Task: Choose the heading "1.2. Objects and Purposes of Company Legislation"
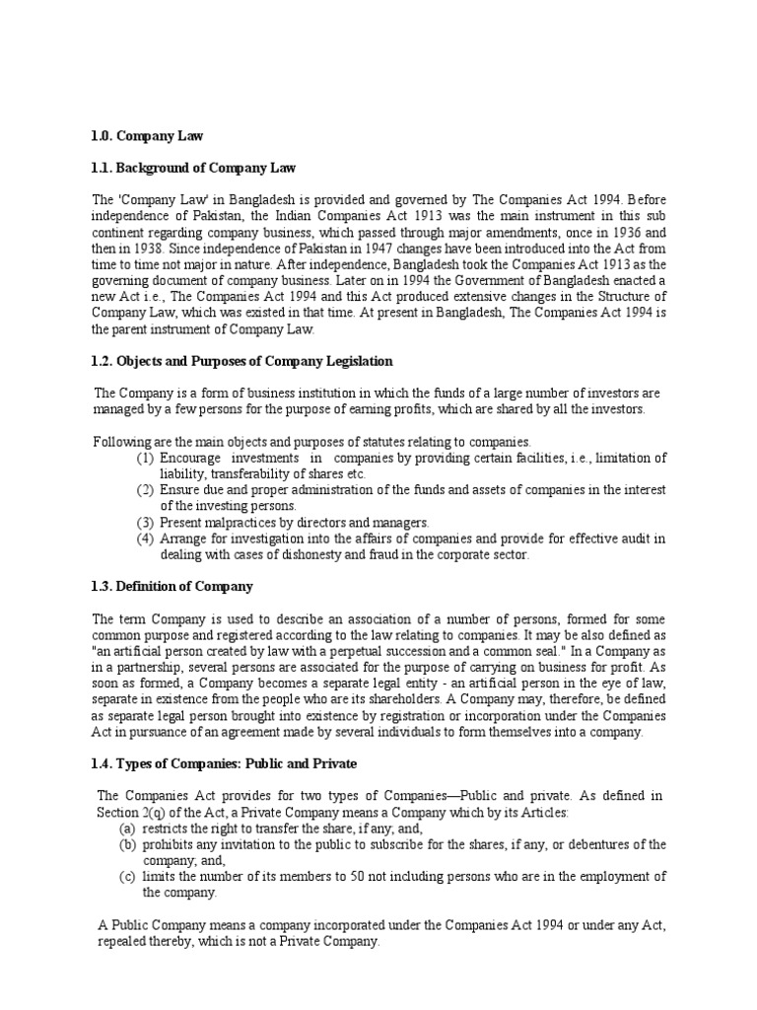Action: click(x=241, y=361)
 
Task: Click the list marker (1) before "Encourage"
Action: click(x=144, y=458)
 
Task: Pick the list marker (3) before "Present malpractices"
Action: click(x=144, y=522)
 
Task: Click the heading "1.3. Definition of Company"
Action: click(x=172, y=586)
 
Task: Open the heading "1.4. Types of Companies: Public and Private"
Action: click(x=225, y=763)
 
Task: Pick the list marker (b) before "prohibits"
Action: click(x=128, y=844)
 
